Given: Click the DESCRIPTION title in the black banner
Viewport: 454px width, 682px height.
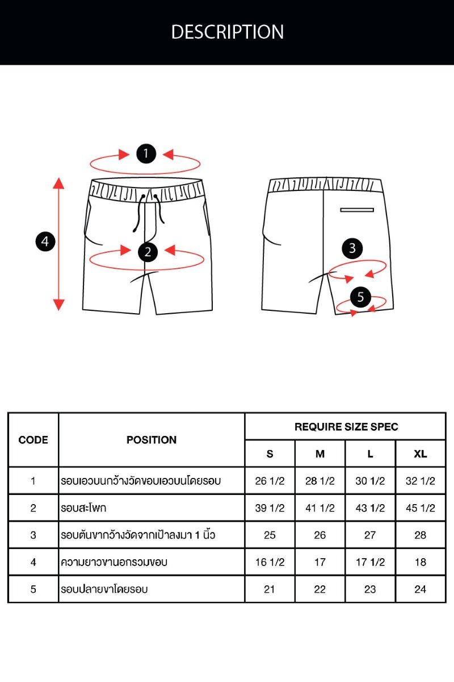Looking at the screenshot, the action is (x=228, y=32).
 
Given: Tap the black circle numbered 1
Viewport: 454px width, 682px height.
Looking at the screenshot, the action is (x=146, y=153).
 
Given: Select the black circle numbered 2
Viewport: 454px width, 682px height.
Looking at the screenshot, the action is (x=148, y=252).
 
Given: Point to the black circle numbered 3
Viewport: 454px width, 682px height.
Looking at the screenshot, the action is (x=352, y=248).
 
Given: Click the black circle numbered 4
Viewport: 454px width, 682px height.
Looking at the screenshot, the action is (x=45, y=242).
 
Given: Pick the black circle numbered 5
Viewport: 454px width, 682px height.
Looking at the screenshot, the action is (x=360, y=297).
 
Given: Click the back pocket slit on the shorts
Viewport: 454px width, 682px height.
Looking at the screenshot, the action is (x=357, y=210).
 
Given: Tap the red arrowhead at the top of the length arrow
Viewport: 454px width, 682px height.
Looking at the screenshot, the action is (x=58, y=183).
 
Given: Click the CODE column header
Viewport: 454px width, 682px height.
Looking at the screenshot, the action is (x=33, y=440).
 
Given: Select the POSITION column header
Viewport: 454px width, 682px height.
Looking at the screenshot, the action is (x=152, y=440).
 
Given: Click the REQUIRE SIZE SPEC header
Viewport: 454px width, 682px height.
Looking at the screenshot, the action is (x=346, y=427).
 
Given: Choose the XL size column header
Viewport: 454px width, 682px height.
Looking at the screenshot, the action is (x=421, y=454).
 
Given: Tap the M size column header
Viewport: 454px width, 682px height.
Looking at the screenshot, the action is (x=320, y=454).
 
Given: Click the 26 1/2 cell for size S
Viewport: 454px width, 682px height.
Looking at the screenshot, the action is (x=270, y=481).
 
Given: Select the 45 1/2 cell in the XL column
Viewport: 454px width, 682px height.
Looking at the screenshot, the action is (x=421, y=508).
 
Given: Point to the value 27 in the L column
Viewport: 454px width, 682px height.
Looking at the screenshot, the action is (x=370, y=535).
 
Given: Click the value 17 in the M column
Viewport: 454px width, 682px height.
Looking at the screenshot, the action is (x=320, y=562).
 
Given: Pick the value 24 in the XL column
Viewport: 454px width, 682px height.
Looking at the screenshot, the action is (x=421, y=589).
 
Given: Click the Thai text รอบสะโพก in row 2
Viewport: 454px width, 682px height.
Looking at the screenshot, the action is (x=83, y=508).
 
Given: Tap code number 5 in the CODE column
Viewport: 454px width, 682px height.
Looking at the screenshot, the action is (x=33, y=589).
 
